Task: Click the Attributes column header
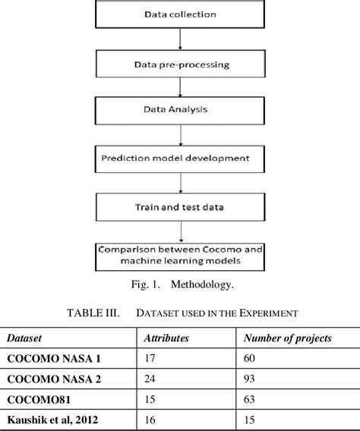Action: [x=167, y=338]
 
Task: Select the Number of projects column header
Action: [x=284, y=338]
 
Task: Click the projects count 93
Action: [x=248, y=377]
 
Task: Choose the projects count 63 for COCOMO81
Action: [x=248, y=397]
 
